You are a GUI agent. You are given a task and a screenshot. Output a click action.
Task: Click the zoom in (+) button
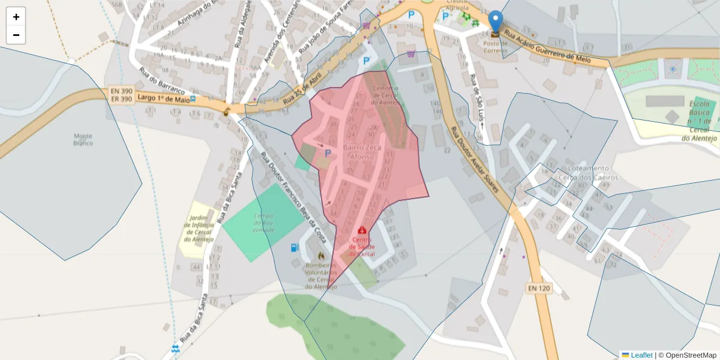coord(16,17)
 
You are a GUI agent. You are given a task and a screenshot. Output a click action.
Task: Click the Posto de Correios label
coord(496,47)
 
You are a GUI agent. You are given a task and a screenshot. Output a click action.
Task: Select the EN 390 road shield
coord(121,91)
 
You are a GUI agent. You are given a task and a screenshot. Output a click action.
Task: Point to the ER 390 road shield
coord(121,99)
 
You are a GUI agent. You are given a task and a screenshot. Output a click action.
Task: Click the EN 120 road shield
coord(539,289)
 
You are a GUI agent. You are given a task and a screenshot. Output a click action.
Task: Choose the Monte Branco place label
coord(83,139)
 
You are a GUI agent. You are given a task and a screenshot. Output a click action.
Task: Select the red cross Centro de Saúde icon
coord(362,230)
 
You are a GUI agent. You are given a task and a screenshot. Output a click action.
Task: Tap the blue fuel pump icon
coord(294,247)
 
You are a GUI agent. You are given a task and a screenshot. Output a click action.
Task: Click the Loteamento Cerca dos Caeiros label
coord(589,173)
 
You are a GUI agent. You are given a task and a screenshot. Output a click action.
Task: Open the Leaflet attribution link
coord(641,355)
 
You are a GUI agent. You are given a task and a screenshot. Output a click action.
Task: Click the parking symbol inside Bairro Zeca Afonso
coord(328,154)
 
